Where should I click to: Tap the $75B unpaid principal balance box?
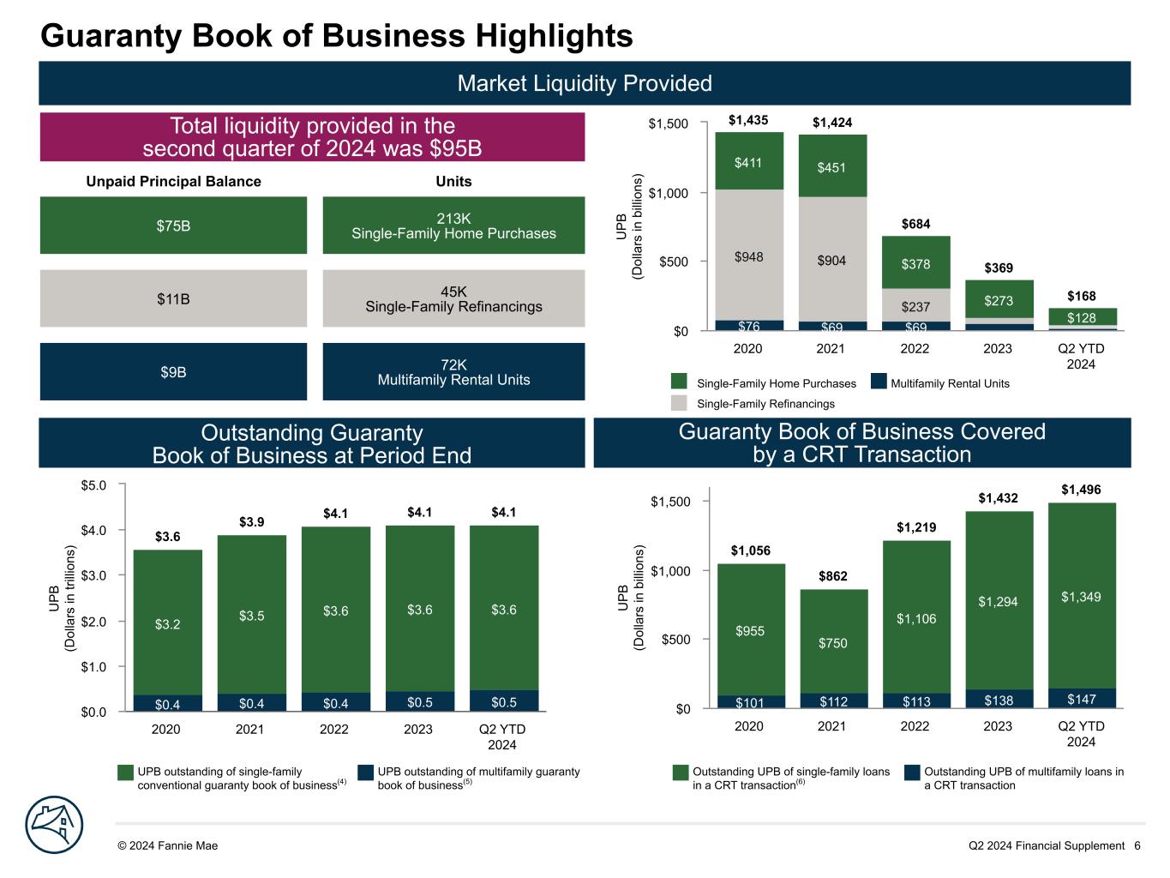[x=173, y=226]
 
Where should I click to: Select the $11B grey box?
[x=173, y=298]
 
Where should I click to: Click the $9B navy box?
[x=173, y=372]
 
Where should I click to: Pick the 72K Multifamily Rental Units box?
[x=453, y=372]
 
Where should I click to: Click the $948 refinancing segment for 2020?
[x=749, y=256]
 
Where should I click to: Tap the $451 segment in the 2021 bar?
[x=831, y=167]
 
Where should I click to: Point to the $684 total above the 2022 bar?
[x=915, y=224]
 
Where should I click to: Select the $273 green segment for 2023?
[x=999, y=300]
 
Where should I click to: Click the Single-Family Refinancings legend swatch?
[x=680, y=403]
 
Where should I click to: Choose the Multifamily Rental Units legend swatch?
[x=878, y=382]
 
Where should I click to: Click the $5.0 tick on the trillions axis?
[x=92, y=485]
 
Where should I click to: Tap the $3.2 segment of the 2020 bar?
[x=168, y=624]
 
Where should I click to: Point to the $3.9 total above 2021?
[x=251, y=522]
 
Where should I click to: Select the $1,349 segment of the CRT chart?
[x=1081, y=596]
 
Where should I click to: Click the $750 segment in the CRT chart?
[x=832, y=643]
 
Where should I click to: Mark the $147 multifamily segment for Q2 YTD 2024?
[x=1081, y=700]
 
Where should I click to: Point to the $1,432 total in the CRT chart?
[x=998, y=497]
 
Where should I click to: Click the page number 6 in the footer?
[x=1137, y=845]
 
